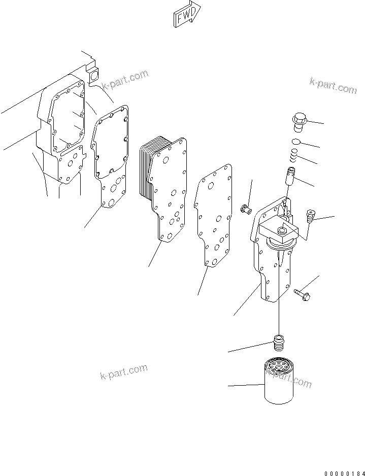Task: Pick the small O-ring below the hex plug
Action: click(297, 143)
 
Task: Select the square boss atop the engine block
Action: click(93, 76)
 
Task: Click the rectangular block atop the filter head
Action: click(279, 231)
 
